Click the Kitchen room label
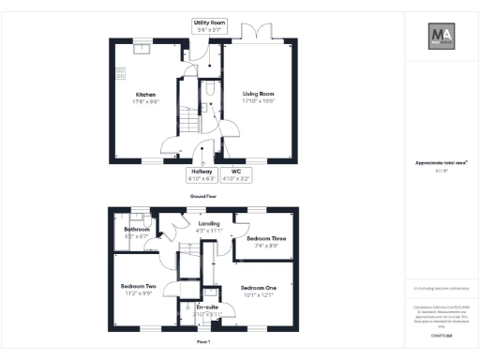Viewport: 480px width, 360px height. tap(145, 94)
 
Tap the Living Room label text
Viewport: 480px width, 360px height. tap(258, 94)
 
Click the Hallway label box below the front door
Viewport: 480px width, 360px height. tap(202, 173)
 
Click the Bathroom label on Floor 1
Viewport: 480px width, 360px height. tap(137, 229)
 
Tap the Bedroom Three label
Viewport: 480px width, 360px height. tap(266, 239)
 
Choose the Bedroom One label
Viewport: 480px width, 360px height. tap(259, 287)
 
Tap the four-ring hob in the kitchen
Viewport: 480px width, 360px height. tap(121, 73)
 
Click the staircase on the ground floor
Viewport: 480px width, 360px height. tap(190, 118)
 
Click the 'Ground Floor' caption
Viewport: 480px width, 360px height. tap(203, 196)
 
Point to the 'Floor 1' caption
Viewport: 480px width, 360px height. tap(203, 341)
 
